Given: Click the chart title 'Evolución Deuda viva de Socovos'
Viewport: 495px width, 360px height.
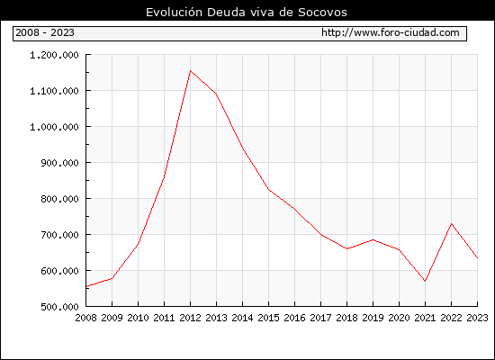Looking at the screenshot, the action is tap(247, 13).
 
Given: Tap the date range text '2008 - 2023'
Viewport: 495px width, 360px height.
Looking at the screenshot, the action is tap(45, 32).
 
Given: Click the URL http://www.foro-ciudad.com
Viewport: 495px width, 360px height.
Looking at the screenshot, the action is tap(391, 32).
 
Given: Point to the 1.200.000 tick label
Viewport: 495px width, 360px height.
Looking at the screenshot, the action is tap(54, 55).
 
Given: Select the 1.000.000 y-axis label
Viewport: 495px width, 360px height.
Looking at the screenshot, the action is tap(54, 127).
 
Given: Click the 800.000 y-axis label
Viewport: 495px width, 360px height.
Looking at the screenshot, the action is tap(59, 199).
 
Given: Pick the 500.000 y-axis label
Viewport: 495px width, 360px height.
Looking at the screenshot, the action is tap(59, 307).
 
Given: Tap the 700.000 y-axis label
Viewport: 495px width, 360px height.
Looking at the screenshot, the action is tap(59, 235).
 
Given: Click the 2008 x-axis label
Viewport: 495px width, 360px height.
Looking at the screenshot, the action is tap(85, 318).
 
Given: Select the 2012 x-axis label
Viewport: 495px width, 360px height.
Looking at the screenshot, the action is tap(191, 318).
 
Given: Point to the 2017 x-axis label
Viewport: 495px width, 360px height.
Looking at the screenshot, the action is tap(320, 318).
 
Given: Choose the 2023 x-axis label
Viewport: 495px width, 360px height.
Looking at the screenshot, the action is tap(477, 318).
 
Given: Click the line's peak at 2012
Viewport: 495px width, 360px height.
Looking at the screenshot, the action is tap(191, 71).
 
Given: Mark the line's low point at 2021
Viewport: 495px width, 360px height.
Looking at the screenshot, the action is tap(425, 281).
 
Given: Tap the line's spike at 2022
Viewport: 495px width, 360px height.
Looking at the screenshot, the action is tap(452, 224).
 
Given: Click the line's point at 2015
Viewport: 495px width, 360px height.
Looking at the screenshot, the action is tap(269, 190).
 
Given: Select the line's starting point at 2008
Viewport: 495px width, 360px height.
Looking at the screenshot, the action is tap(86, 286).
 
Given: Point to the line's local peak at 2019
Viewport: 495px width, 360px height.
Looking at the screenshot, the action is tap(373, 239).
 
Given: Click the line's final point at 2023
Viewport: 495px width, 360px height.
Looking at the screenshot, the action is tap(477, 258).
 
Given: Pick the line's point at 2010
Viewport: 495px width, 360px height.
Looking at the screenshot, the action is tap(139, 244).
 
